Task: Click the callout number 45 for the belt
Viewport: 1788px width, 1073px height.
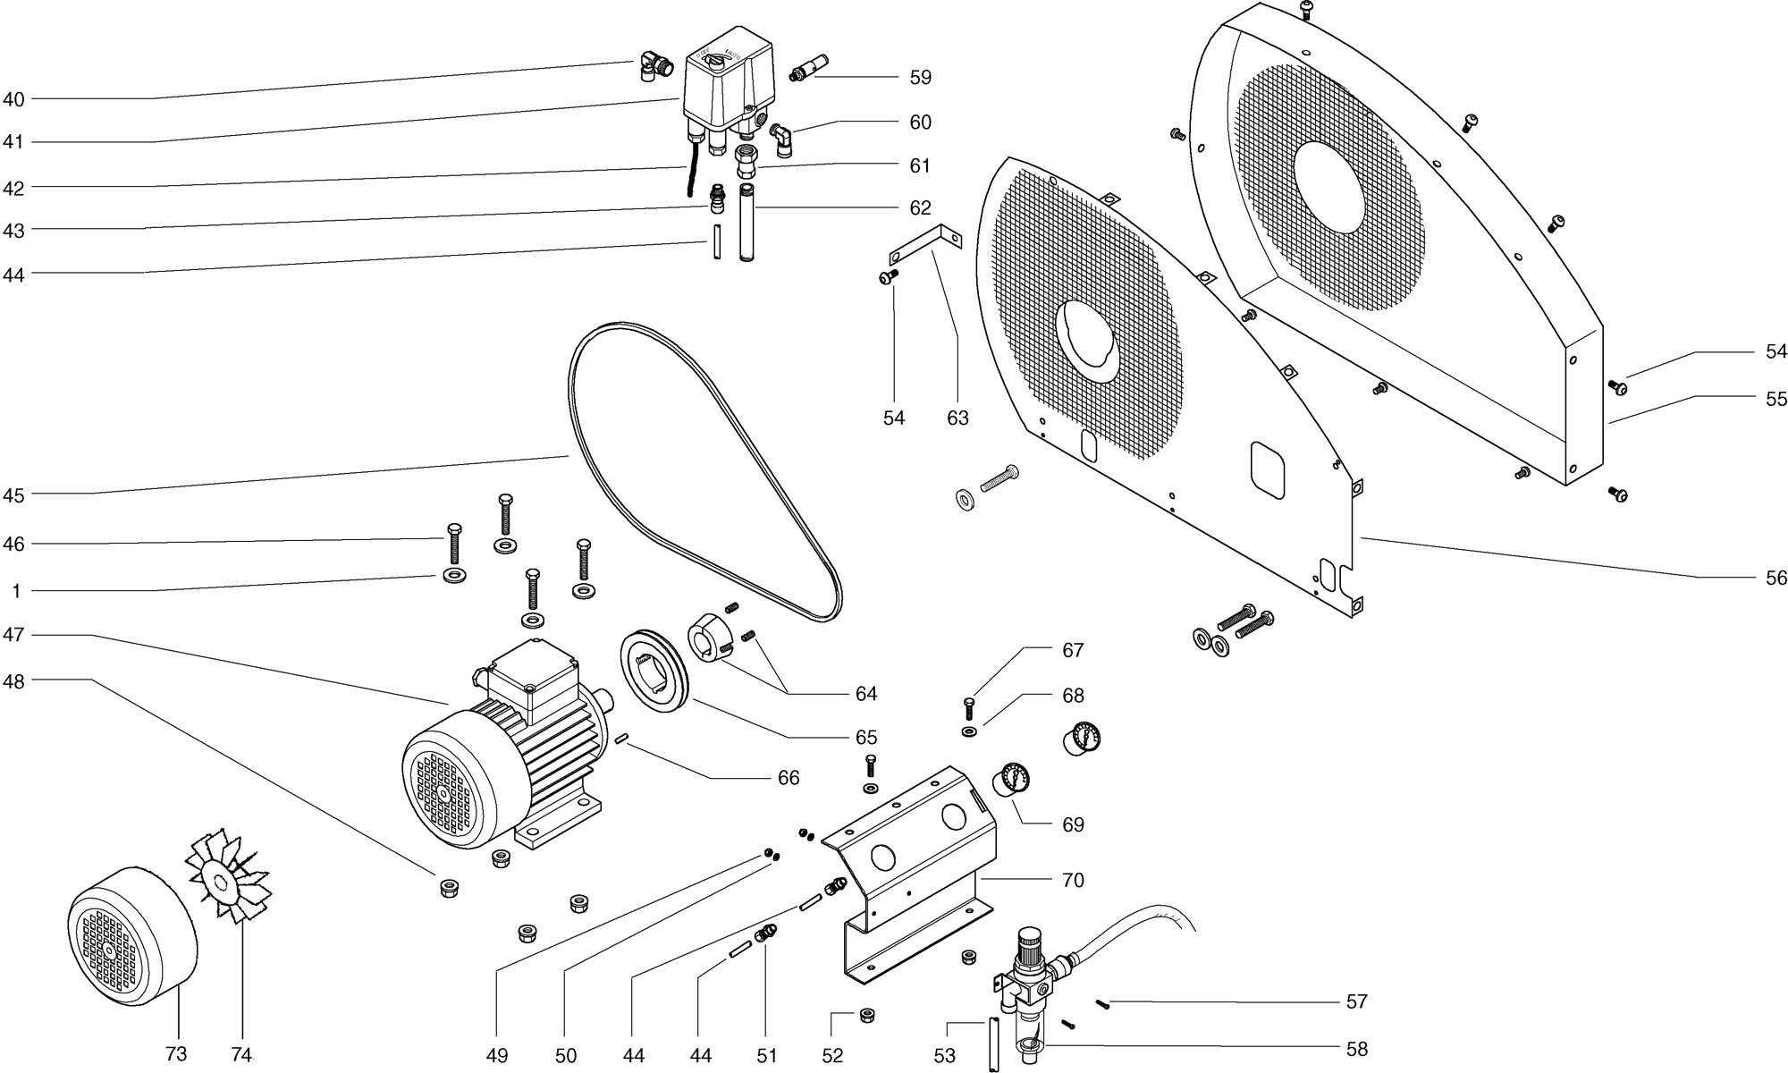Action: tap(14, 495)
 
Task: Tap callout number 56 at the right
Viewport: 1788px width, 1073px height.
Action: tap(1776, 579)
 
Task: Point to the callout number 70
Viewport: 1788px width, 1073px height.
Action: tap(1073, 881)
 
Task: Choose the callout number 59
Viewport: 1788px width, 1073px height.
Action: tap(921, 78)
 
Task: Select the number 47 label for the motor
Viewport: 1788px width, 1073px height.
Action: tap(14, 636)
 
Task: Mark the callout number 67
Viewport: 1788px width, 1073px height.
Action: tap(1073, 651)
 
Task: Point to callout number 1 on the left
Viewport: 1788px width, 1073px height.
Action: tap(15, 592)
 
